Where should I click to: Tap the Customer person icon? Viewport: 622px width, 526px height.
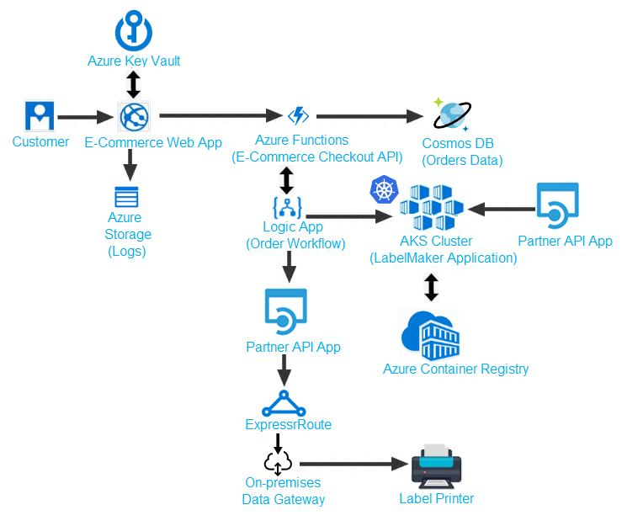[x=40, y=116]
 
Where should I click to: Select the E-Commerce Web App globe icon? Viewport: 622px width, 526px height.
[x=133, y=116]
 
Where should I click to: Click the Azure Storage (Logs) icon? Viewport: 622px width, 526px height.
[x=128, y=198]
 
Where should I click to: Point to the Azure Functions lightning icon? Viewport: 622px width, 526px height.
[x=298, y=116]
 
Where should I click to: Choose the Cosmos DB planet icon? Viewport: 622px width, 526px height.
[x=451, y=114]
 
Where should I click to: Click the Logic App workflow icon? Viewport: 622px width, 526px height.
[x=287, y=206]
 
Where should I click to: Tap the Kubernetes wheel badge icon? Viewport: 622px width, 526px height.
[x=383, y=189]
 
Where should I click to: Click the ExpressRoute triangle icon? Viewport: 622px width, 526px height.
[x=284, y=403]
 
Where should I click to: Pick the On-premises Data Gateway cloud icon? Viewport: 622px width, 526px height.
[x=278, y=462]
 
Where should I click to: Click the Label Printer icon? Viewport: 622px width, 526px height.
[x=436, y=466]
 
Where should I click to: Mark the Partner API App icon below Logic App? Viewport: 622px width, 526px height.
[x=285, y=311]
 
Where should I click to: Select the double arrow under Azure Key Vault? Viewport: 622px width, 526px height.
[x=133, y=84]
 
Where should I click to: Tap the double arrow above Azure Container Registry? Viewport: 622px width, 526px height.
[x=431, y=287]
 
